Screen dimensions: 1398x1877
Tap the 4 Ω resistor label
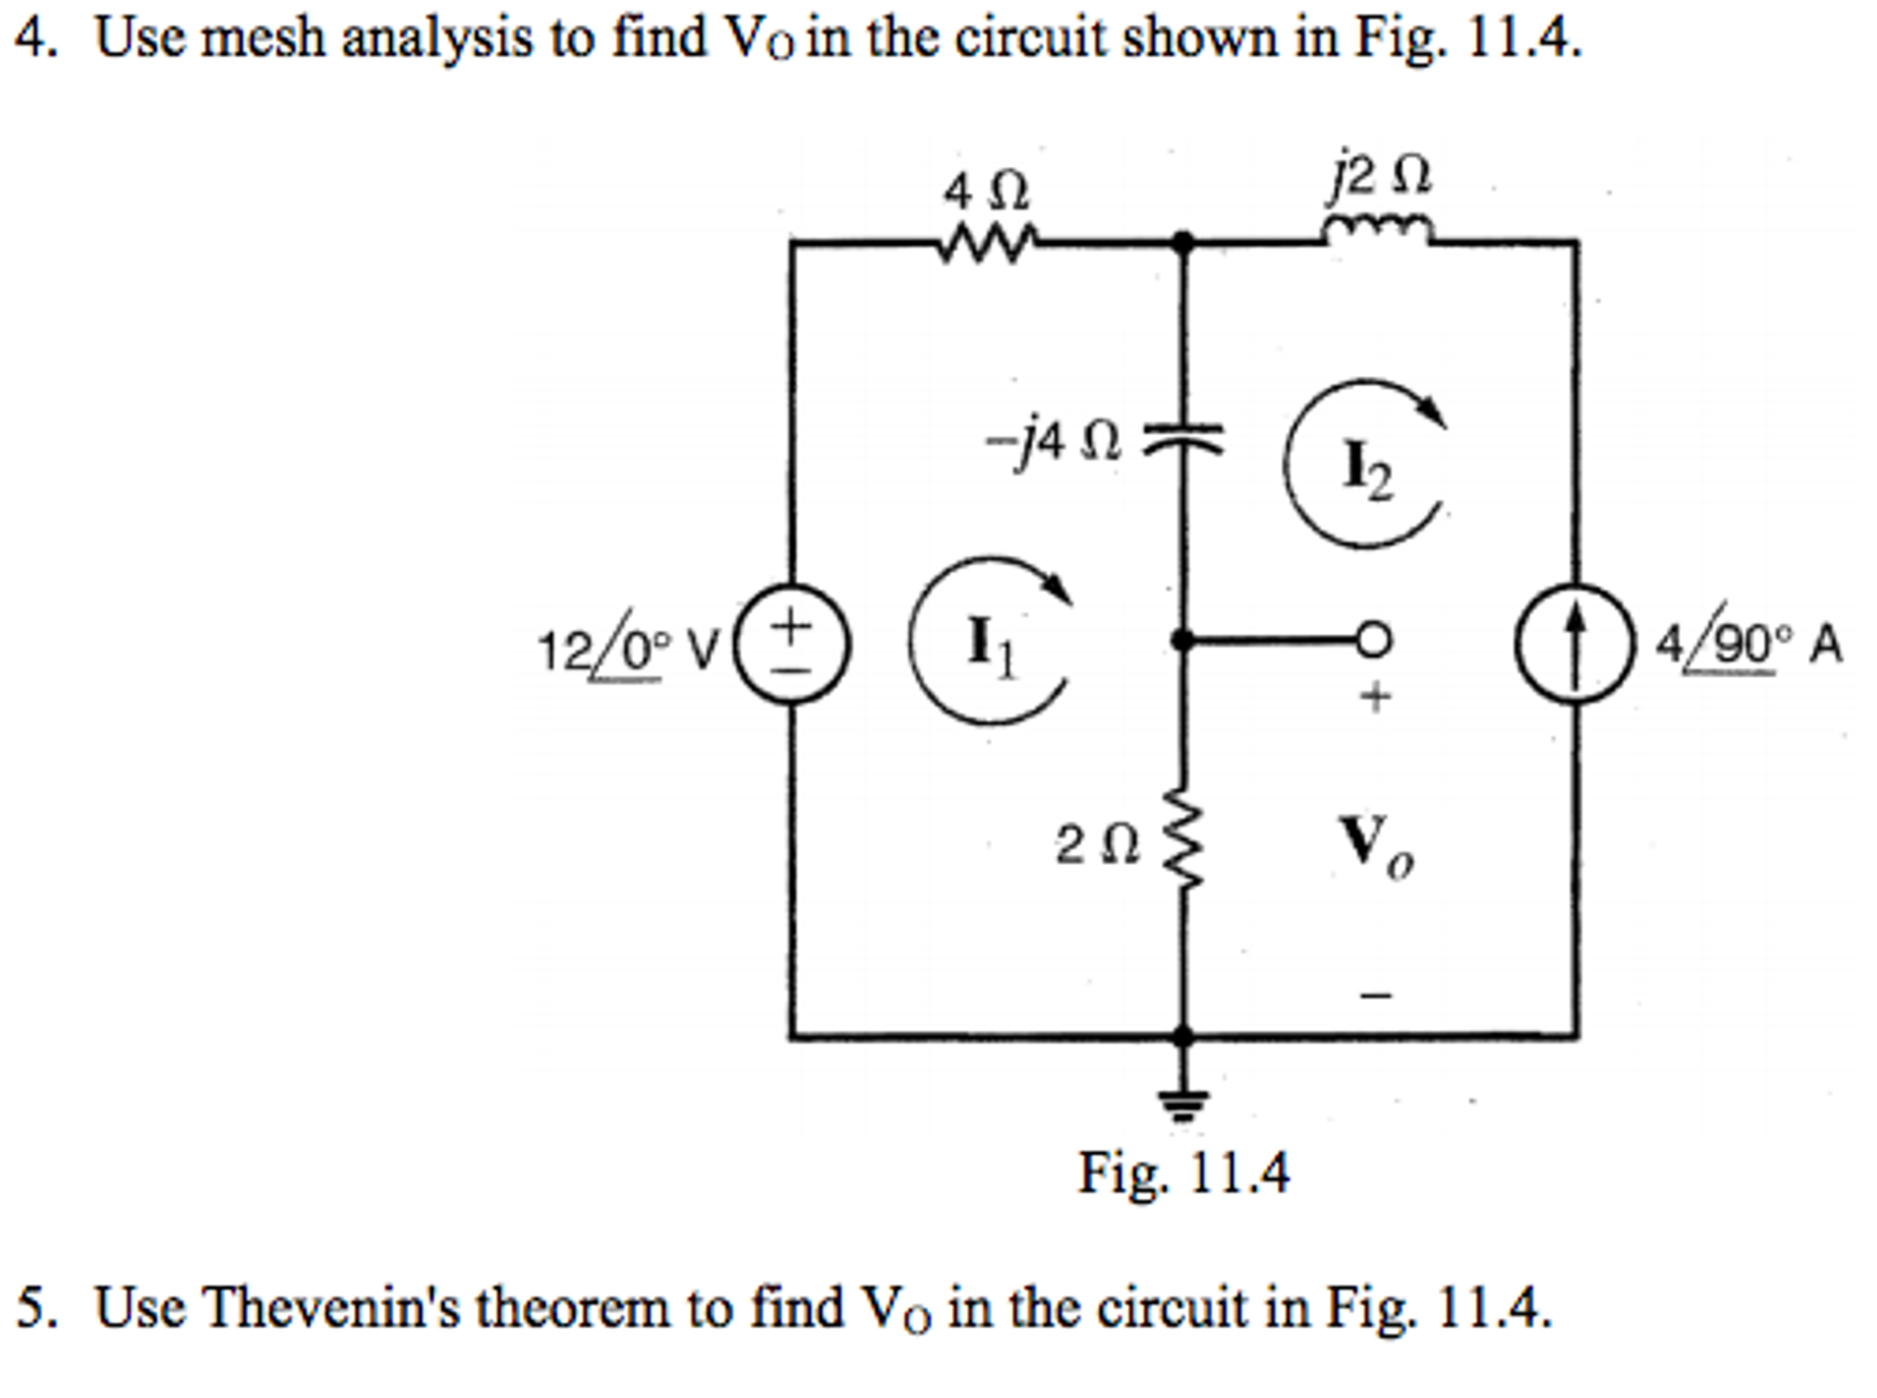tap(986, 192)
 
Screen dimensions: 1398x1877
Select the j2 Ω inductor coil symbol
tap(1376, 229)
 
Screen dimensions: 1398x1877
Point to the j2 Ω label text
tap(1381, 174)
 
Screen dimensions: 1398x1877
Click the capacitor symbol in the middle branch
tap(1183, 439)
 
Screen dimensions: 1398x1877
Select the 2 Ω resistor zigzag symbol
tap(1183, 840)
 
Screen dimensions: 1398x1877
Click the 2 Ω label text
tap(1096, 844)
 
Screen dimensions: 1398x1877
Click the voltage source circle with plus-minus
tap(794, 644)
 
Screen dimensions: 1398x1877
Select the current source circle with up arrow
tap(1575, 644)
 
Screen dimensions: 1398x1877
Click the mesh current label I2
tap(1367, 468)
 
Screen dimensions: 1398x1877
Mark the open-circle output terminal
tap(1373, 639)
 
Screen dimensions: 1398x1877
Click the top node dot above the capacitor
tap(1183, 242)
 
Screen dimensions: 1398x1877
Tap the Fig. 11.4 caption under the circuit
tap(1183, 1171)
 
